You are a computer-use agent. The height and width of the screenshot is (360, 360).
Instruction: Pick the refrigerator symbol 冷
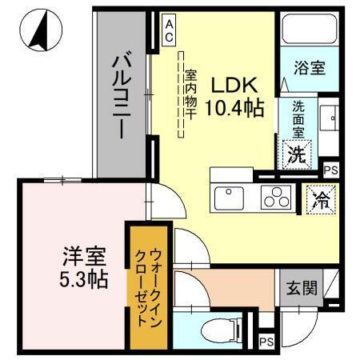[317, 199]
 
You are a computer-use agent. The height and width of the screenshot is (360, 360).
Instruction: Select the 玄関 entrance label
[297, 286]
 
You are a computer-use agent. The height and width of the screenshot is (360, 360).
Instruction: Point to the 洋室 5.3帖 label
[85, 269]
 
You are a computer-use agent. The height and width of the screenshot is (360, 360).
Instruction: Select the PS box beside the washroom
[330, 170]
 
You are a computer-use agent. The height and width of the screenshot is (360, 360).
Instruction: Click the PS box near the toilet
[266, 342]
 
